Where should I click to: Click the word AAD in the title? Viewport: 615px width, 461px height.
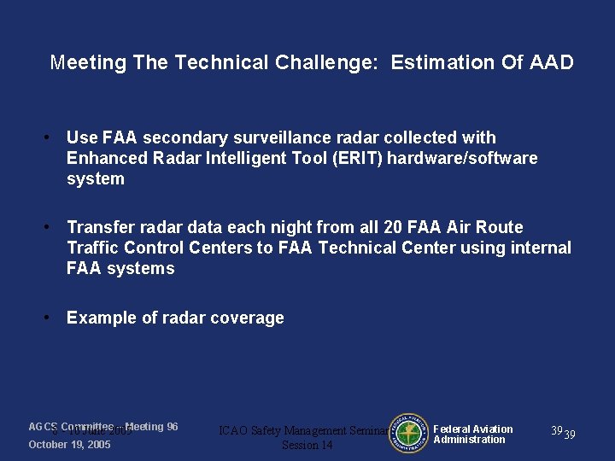coord(551,62)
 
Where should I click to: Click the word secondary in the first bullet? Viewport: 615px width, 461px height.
coord(183,137)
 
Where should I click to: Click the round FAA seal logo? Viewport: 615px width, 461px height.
coord(407,432)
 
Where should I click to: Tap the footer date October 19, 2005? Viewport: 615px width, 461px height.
coord(69,445)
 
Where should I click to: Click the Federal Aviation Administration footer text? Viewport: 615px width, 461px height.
coord(473,435)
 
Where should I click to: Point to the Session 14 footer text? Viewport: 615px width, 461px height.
coord(307,445)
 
